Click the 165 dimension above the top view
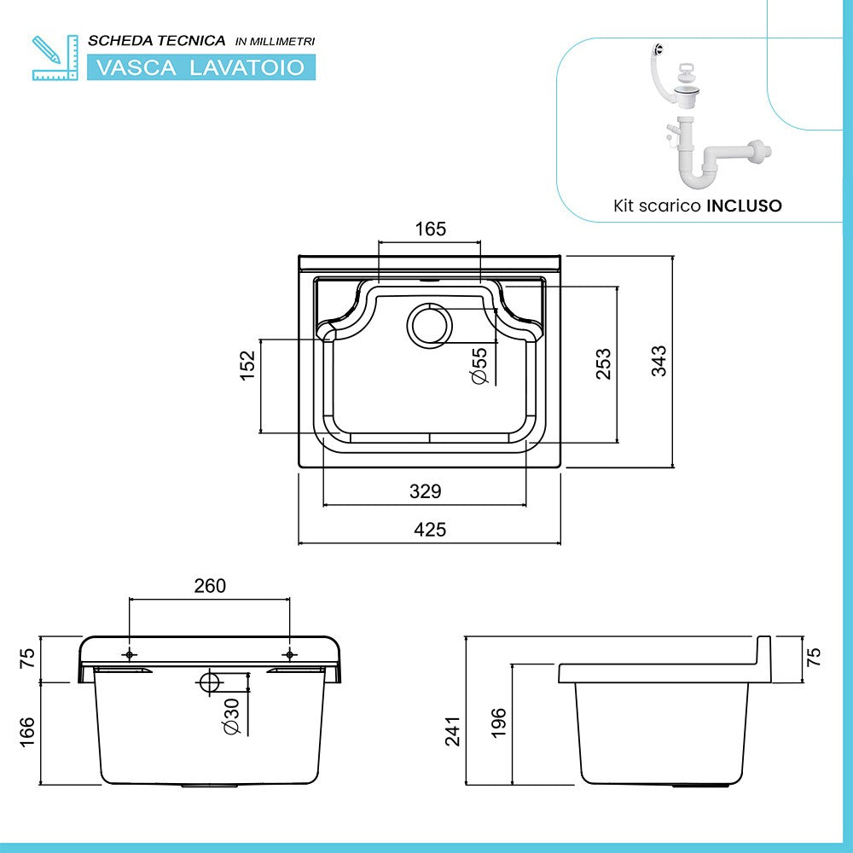coord(431,229)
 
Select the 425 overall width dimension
coord(430,530)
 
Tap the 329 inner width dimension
coord(425,491)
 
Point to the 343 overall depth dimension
coord(659,361)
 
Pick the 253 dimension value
coord(604,363)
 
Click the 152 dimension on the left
coord(247,365)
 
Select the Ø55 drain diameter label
coord(479,365)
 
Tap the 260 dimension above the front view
coord(210,585)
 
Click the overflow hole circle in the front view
coord(208,682)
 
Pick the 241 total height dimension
coord(452,731)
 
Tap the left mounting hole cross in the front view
coord(130,654)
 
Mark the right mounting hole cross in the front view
coord(289,654)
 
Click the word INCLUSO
coord(744,206)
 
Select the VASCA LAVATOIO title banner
coord(201,67)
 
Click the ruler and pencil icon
coord(49,57)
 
